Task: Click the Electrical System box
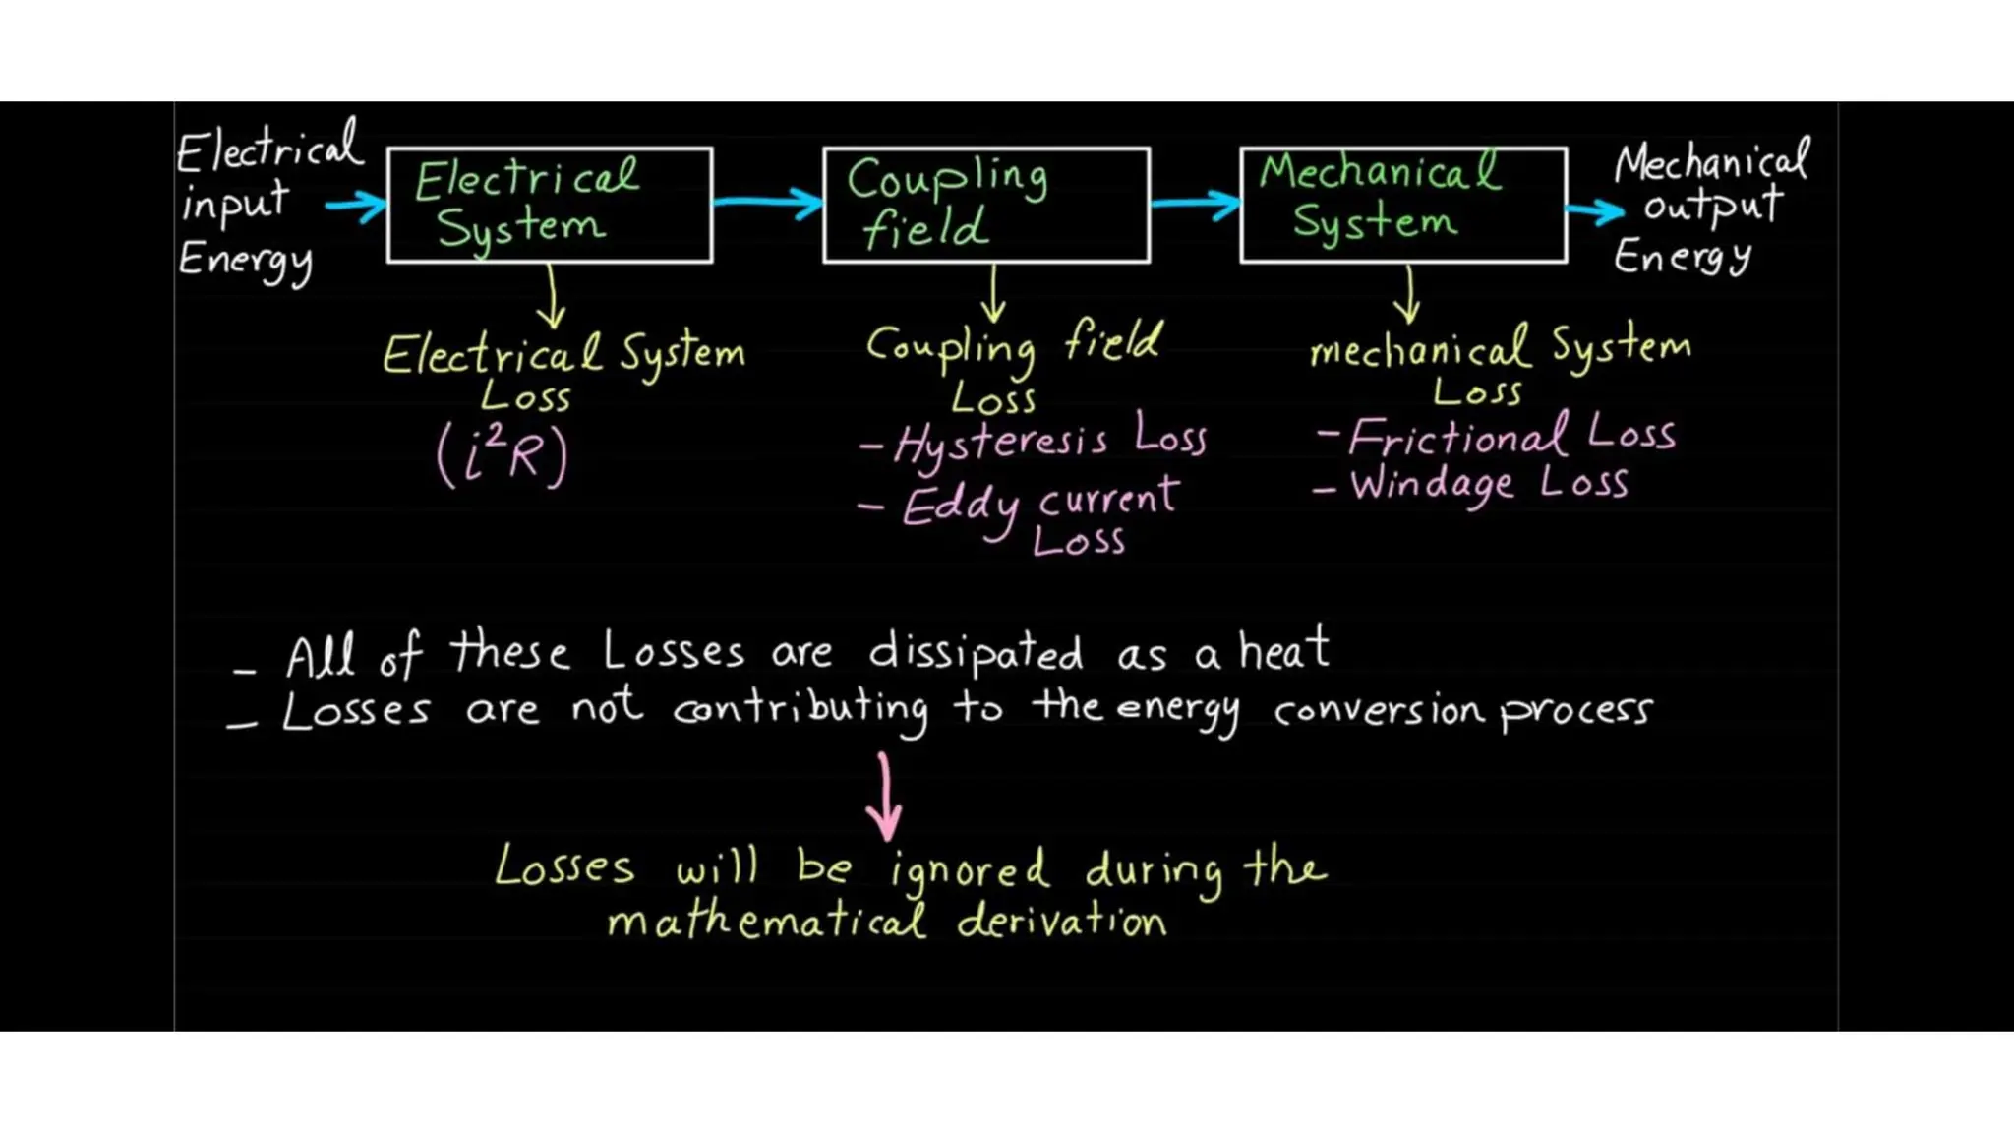point(550,206)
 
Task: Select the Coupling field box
point(986,206)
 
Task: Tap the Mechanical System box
point(1403,206)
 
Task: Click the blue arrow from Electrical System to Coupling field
point(768,203)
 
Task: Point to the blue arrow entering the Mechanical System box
point(1195,204)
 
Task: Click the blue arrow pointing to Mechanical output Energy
point(1594,210)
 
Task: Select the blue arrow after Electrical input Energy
point(355,206)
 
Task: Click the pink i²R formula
point(503,455)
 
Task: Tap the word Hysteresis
point(1000,443)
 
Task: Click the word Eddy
point(961,507)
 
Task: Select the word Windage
point(1431,485)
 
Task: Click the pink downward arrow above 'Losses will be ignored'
point(885,797)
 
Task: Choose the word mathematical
point(766,922)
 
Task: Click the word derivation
point(1061,922)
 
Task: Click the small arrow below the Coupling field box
point(993,294)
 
